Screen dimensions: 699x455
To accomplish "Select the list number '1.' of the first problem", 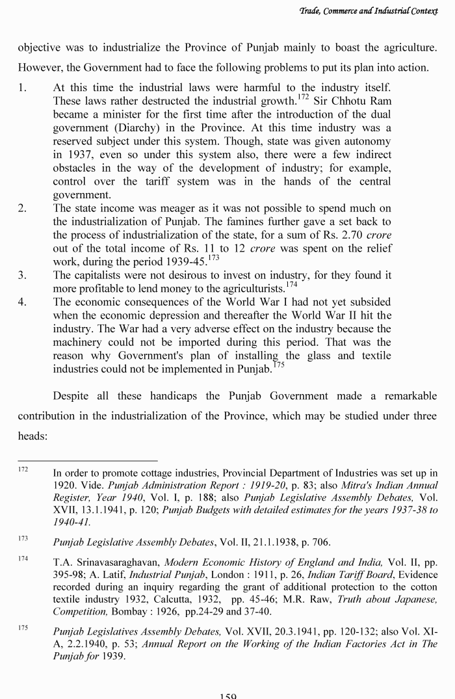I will click(x=22, y=88).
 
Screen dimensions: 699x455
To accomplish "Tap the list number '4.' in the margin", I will click(x=22, y=302).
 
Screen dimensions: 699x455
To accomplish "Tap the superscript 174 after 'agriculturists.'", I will click(x=291, y=284).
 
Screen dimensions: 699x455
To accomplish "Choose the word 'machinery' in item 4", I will click(x=77, y=342).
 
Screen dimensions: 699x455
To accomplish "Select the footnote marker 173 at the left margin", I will click(x=23, y=538).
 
